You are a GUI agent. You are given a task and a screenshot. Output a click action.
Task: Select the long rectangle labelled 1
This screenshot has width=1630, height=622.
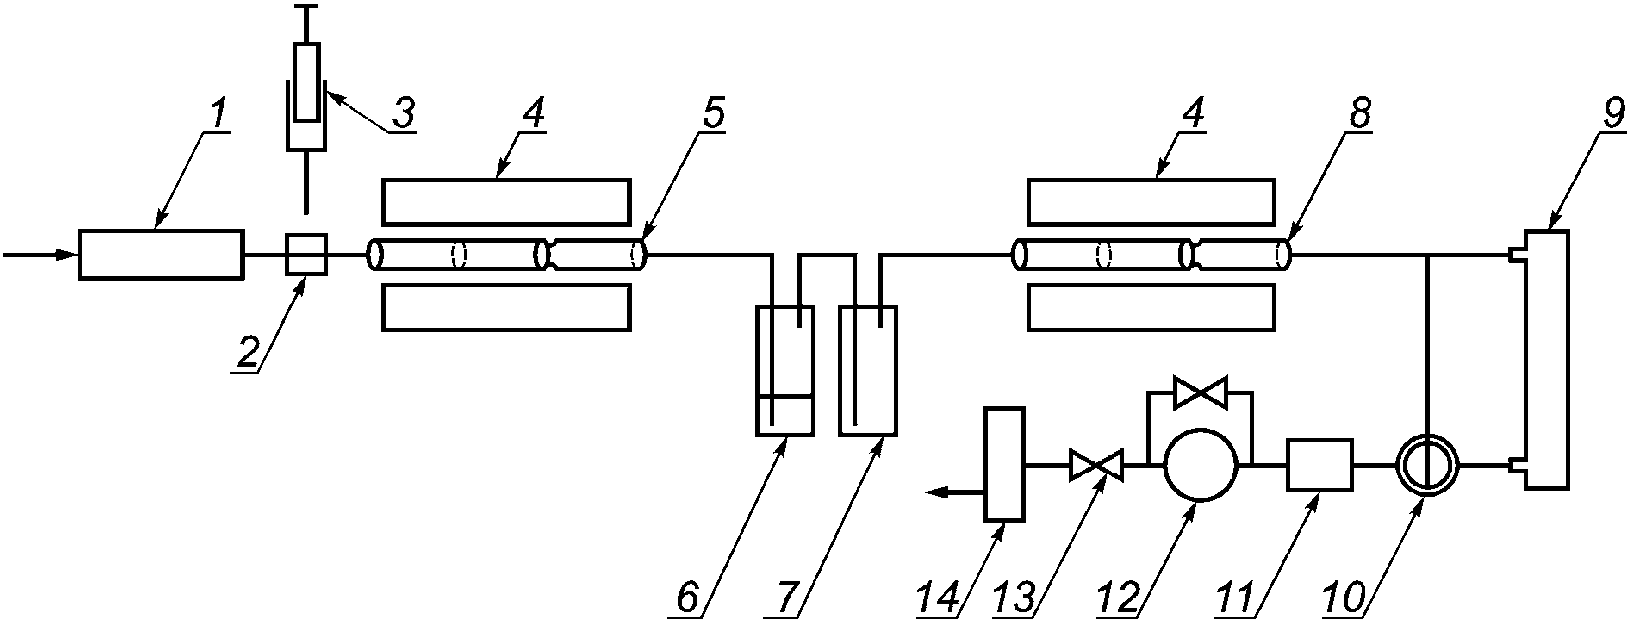[161, 254]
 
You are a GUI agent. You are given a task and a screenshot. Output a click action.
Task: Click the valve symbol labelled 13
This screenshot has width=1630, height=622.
[1095, 465]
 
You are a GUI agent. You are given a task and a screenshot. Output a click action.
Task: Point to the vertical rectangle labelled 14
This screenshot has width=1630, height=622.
[1004, 464]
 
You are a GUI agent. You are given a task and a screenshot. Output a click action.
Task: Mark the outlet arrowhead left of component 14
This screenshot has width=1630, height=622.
[936, 491]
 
